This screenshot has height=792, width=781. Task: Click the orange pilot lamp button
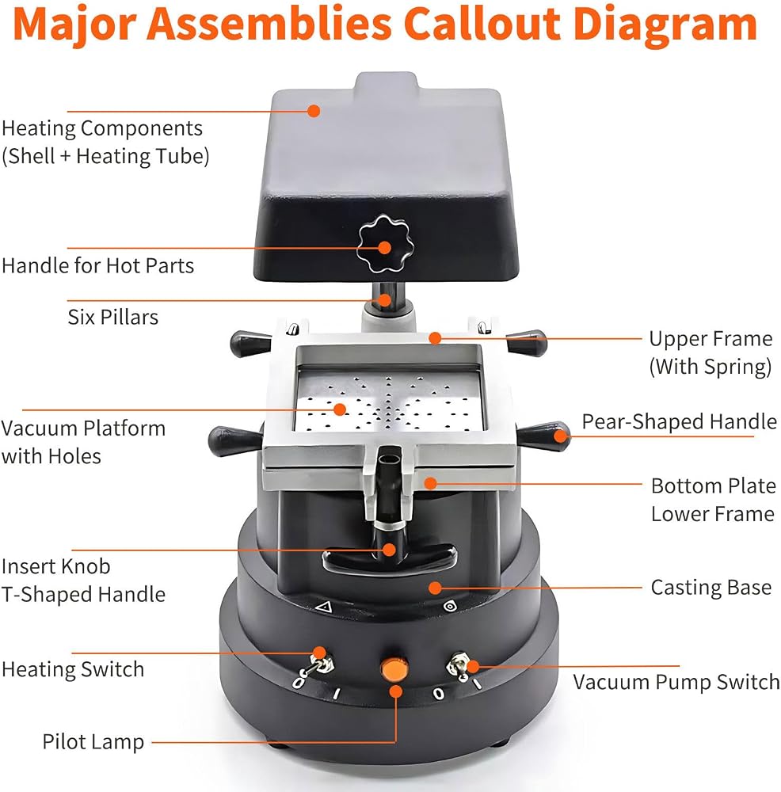(394, 670)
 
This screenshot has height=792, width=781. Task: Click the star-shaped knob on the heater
(385, 243)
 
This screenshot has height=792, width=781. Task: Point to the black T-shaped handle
(390, 558)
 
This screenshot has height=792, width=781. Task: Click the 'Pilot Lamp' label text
(93, 742)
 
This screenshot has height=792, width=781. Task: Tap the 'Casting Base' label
(711, 588)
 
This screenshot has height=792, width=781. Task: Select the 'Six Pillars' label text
(113, 318)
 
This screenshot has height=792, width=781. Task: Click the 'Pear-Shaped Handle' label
(679, 422)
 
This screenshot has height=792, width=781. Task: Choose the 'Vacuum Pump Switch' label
(676, 683)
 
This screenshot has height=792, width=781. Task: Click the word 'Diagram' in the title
(665, 25)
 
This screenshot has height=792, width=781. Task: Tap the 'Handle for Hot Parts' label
(98, 265)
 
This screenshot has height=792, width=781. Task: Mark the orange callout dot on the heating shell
(314, 111)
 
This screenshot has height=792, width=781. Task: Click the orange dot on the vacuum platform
(340, 409)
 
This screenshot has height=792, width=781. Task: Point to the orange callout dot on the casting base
(434, 588)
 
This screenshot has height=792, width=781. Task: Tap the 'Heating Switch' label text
(73, 669)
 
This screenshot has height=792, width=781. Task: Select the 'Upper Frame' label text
(711, 339)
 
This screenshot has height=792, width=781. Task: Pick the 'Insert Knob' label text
(56, 566)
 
